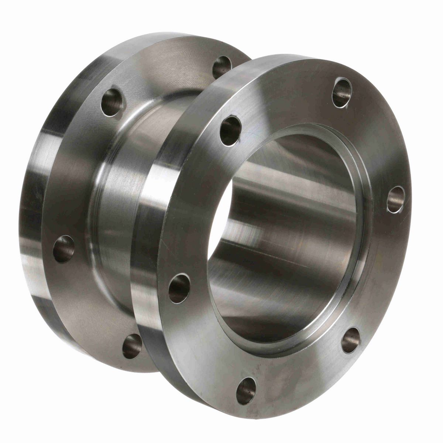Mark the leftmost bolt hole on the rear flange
pos(64,249)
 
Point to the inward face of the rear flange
pos(74,177)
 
